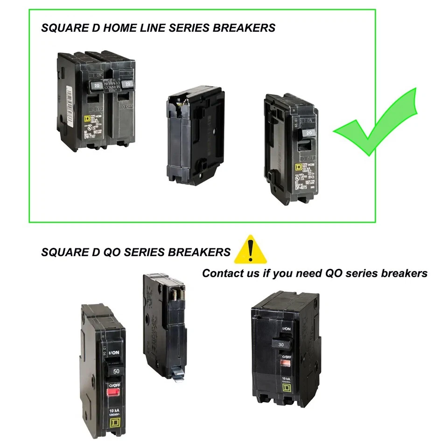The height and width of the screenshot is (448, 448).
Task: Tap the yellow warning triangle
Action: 251,251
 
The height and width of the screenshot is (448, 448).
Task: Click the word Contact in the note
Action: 223,273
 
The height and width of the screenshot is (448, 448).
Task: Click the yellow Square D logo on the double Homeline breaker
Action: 87,119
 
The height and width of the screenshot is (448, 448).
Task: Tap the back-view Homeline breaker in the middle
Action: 193,135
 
